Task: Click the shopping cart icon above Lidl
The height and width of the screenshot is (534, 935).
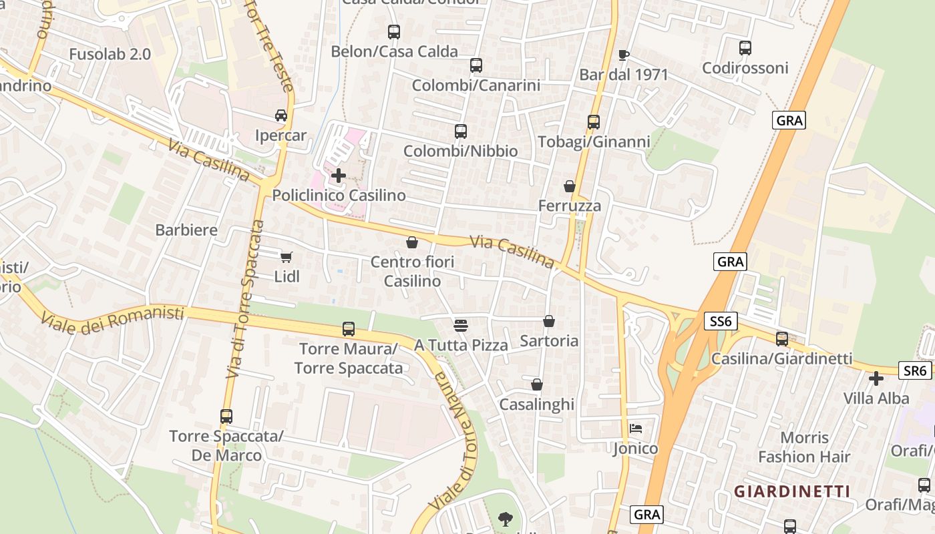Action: (287, 257)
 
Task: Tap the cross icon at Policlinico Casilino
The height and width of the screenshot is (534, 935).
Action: (339, 176)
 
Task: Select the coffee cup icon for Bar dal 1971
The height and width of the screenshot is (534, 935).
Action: (624, 55)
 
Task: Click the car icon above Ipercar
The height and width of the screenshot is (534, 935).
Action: (281, 115)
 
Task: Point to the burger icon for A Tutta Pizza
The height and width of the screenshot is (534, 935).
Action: (461, 325)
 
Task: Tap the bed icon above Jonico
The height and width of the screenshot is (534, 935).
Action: (635, 428)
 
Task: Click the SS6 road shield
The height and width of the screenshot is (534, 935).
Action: (721, 322)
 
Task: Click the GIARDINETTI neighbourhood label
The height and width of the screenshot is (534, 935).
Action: (792, 492)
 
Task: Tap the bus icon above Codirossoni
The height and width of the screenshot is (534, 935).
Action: (745, 48)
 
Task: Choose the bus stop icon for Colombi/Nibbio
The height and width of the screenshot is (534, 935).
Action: (461, 131)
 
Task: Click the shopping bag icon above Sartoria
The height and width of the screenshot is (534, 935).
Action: (549, 321)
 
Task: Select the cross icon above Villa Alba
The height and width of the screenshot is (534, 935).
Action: (876, 378)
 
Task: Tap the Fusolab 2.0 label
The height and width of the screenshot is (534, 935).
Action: (110, 54)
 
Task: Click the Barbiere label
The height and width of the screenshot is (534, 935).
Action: (186, 230)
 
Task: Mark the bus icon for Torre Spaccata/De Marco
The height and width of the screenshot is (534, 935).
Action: (226, 417)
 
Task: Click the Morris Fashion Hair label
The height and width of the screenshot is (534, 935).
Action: (804, 447)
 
